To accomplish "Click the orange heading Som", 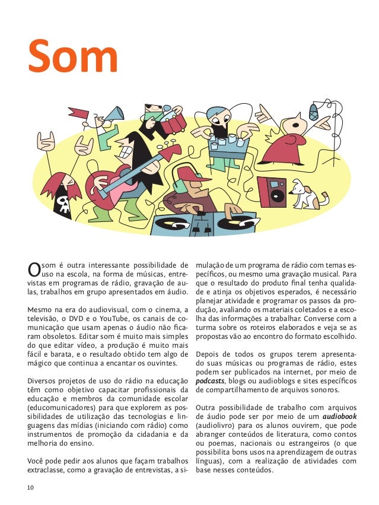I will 74,58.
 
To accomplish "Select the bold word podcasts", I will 211,380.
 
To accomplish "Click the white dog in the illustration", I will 309,193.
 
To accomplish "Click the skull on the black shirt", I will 60,205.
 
